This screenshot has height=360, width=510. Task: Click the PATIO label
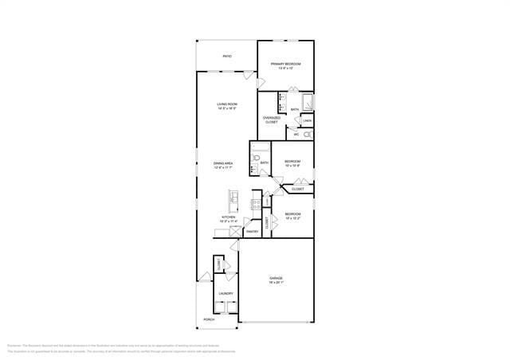tap(227, 57)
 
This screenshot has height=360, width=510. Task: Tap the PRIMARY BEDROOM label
tap(285, 65)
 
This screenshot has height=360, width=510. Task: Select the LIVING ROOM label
tap(227, 106)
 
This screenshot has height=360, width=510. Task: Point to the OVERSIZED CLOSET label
tap(272, 120)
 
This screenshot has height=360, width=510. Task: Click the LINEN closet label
tap(308, 121)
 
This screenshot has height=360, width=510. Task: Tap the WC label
tap(296, 135)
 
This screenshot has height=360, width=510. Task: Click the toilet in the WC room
tap(308, 135)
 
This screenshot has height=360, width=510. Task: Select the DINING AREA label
tap(223, 165)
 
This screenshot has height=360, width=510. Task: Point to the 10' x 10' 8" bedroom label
tap(292, 163)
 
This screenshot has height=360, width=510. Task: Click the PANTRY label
tap(252, 232)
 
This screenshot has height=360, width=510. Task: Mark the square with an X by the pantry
tap(236, 232)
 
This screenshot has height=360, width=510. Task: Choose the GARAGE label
tap(276, 280)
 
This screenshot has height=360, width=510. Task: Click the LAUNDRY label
tap(226, 293)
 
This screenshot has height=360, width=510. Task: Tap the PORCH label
tap(209, 319)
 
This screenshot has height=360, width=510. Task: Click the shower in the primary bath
tap(308, 103)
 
